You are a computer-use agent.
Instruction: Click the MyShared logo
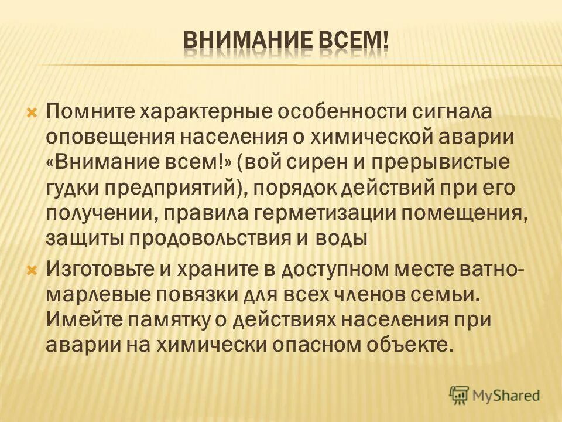(494, 395)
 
